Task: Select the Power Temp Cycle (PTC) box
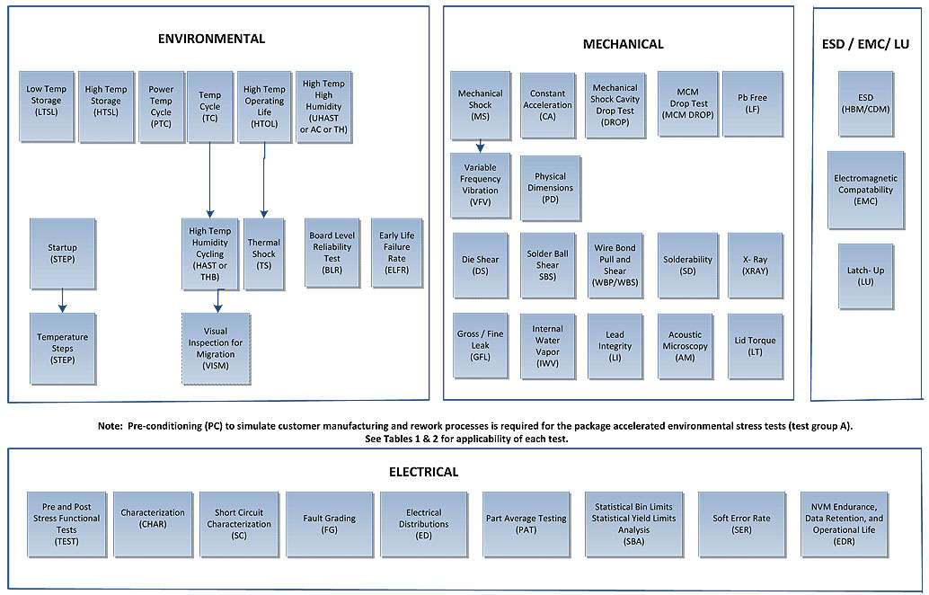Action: [x=161, y=107]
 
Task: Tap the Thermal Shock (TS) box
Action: [x=264, y=253]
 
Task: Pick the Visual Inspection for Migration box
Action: [x=216, y=349]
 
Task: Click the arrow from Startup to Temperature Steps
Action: [x=62, y=300]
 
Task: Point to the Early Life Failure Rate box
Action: [x=396, y=253]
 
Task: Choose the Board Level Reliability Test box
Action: [x=332, y=253]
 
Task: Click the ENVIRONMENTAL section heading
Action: [x=211, y=39]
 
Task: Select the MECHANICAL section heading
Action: [x=623, y=44]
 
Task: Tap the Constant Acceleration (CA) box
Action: [x=547, y=105]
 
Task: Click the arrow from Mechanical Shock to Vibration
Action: [x=481, y=146]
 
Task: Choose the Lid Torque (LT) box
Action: [x=755, y=346]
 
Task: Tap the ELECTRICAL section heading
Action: [x=423, y=472]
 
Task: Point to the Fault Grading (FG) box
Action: [x=328, y=524]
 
